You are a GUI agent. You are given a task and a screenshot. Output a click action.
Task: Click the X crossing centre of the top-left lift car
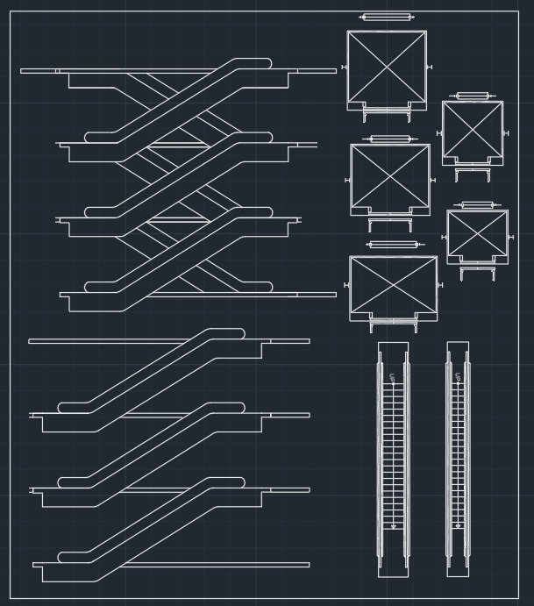pyautogui.click(x=387, y=67)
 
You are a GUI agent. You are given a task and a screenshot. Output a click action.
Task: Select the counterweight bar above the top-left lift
pyautogui.click(x=387, y=17)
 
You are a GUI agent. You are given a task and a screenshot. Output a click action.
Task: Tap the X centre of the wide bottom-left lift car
pyautogui.click(x=393, y=284)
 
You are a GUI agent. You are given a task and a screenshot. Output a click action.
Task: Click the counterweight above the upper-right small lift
pyautogui.click(x=472, y=96)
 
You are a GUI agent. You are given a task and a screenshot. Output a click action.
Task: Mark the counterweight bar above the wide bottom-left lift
pyautogui.click(x=393, y=245)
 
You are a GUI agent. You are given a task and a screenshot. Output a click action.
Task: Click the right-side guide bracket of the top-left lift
pyautogui.click(x=430, y=68)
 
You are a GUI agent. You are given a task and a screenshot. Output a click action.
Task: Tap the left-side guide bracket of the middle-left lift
pyautogui.click(x=348, y=179)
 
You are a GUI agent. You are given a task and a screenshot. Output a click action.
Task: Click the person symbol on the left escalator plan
pyautogui.click(x=394, y=378)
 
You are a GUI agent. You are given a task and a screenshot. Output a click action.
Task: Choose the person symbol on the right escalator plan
pyautogui.click(x=457, y=378)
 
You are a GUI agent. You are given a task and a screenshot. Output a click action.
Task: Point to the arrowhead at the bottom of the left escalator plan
pyautogui.click(x=394, y=526)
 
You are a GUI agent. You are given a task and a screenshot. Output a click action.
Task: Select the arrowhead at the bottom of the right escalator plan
pyautogui.click(x=457, y=526)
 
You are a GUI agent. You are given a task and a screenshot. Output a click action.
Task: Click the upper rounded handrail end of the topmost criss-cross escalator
pyautogui.click(x=261, y=63)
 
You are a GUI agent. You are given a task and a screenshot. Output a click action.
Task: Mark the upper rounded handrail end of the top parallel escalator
pyautogui.click(x=234, y=333)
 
